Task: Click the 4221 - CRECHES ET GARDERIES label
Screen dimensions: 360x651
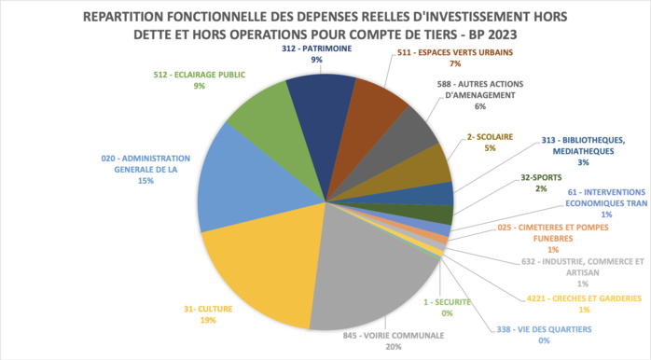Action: click(580, 298)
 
